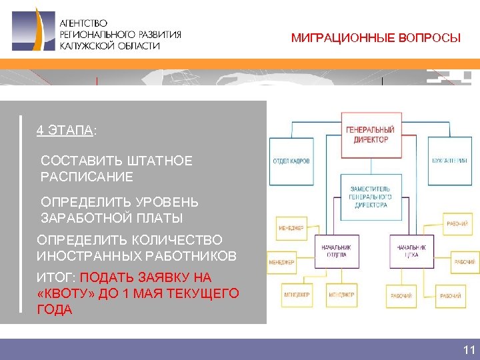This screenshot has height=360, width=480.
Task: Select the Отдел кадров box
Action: pos(291,161)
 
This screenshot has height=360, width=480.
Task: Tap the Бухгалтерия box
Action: pos(449,161)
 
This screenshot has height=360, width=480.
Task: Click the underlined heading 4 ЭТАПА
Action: pos(65,130)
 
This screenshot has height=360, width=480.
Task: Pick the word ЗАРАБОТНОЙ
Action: pos(82,218)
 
